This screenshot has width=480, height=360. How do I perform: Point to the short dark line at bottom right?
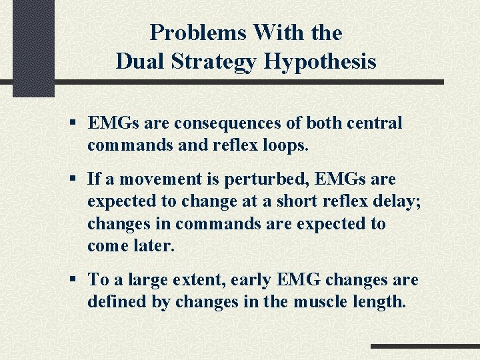pyautogui.click(x=425, y=347)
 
